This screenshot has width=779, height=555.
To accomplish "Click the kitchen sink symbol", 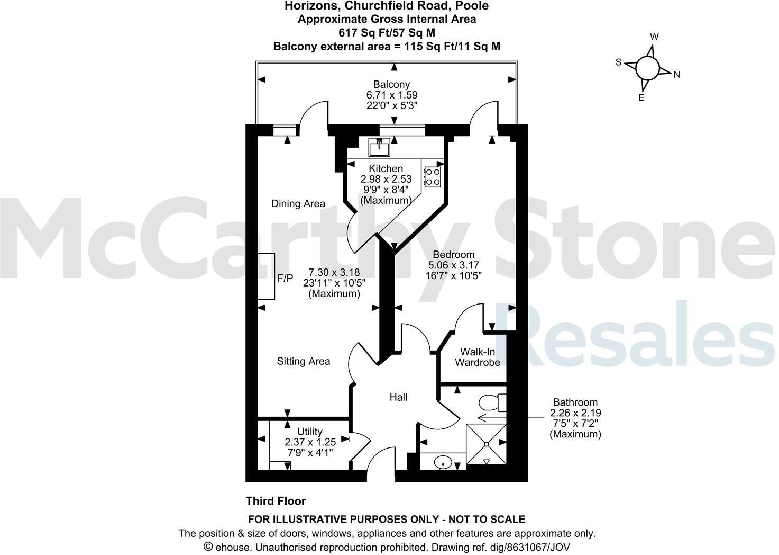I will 379,146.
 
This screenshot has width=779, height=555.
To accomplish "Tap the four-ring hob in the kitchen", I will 432,176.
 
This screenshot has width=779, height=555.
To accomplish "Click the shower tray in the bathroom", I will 485,444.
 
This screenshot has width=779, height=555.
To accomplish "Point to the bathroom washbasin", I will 442,463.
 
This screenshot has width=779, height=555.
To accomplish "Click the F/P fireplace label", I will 285,278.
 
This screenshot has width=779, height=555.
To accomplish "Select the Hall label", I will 398,397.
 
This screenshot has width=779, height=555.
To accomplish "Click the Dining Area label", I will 298,203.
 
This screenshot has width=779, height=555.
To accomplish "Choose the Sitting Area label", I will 304,361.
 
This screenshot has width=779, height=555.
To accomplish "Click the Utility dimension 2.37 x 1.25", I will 310,442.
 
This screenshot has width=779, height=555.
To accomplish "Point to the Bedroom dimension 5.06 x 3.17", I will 454,265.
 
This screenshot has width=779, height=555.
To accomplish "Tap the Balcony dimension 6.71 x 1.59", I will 392,95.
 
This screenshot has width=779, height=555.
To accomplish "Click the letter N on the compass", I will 676,75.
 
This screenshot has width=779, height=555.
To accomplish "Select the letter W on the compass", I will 654,37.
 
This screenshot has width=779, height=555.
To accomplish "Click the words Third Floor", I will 276,501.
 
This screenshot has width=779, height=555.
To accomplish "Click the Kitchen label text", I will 386,168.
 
